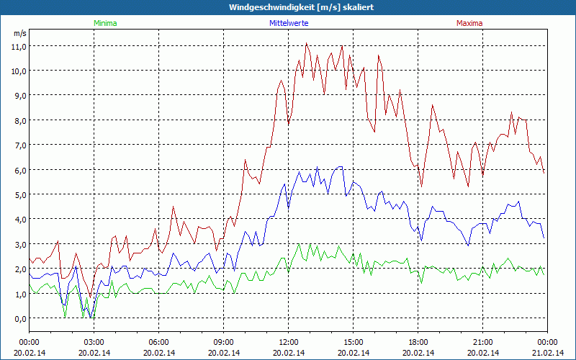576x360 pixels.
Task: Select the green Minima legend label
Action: tap(104, 23)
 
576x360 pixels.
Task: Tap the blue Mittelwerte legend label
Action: tap(288, 23)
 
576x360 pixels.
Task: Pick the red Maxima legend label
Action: tap(469, 23)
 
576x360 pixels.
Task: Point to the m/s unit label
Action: tap(19, 34)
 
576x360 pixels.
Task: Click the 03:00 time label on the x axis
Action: tap(94, 342)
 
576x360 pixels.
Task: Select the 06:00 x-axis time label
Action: tap(159, 342)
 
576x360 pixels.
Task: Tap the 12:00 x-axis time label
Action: tap(288, 342)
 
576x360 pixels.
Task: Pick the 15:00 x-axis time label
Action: tap(353, 342)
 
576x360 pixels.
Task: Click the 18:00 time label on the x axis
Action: tap(418, 342)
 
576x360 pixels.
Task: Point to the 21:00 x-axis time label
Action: tap(482, 342)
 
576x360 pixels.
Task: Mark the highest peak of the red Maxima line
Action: tap(307, 43)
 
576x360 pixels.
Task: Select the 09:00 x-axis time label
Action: tap(223, 342)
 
